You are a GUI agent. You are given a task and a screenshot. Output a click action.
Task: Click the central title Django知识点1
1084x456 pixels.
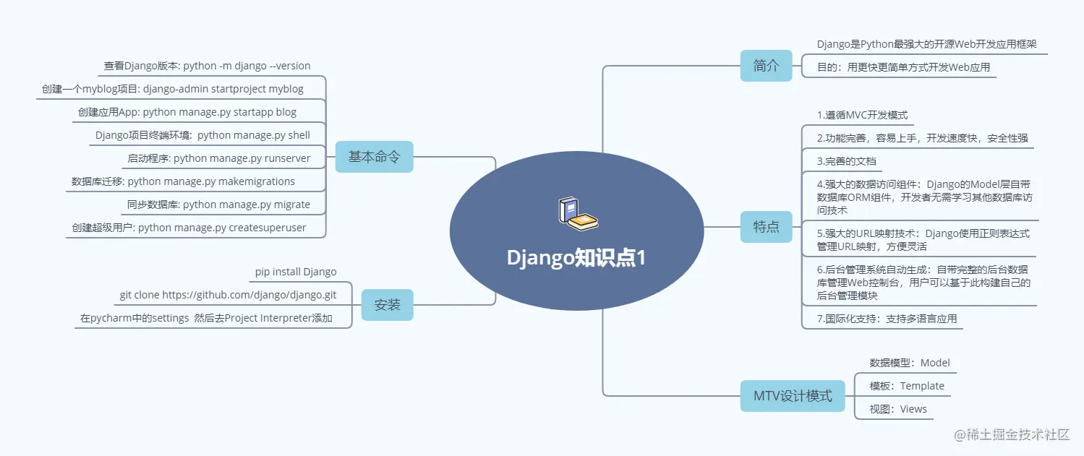(x=576, y=258)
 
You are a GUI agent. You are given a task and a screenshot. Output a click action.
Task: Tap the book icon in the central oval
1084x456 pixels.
(x=578, y=215)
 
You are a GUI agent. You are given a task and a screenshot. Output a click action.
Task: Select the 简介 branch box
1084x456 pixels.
(x=766, y=66)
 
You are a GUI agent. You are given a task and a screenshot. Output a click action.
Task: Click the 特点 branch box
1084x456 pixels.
(x=766, y=227)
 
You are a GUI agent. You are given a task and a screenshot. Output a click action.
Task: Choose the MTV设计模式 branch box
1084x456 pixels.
(x=793, y=396)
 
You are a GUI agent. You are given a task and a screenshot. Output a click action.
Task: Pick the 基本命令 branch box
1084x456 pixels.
(x=374, y=157)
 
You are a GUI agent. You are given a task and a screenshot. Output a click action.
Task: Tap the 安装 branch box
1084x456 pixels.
(x=387, y=305)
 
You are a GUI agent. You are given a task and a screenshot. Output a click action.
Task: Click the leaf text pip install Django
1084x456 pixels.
(x=296, y=272)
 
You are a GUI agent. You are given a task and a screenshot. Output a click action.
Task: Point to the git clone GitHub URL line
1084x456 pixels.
(x=228, y=295)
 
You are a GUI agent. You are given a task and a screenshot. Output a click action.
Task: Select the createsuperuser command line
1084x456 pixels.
(x=189, y=228)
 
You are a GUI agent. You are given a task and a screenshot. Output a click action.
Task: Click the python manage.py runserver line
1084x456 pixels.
(x=219, y=158)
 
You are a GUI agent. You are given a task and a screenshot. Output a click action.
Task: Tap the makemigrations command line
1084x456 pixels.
(x=183, y=181)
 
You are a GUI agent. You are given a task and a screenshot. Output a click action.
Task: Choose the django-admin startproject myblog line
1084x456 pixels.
(x=173, y=89)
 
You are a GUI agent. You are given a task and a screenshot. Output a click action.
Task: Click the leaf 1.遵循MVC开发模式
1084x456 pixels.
(x=862, y=115)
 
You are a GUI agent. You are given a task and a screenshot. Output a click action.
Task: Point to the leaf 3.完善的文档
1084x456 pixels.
(x=846, y=161)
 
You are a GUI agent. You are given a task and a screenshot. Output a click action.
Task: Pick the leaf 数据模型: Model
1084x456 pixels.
(x=910, y=363)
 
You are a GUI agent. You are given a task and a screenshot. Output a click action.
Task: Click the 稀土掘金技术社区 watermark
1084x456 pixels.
(x=1011, y=434)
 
